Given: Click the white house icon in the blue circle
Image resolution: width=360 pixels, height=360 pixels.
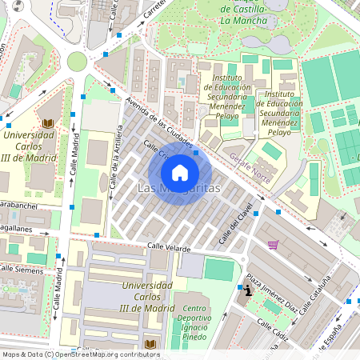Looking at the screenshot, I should [180, 172].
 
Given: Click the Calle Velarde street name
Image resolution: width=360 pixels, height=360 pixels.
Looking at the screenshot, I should [169, 248].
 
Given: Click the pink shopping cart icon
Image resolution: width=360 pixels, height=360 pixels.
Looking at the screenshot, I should [273, 245].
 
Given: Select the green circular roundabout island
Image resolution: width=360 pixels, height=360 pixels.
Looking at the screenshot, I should [77, 61].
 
